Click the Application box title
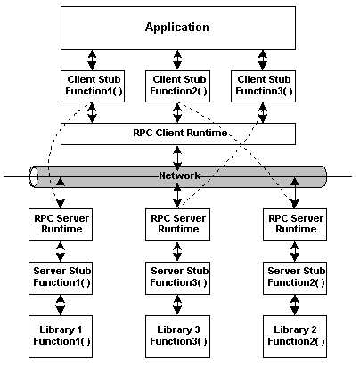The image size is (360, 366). click(177, 28)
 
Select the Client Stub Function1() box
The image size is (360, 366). click(93, 86)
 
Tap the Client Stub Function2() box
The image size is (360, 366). click(177, 86)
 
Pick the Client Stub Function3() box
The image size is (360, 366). click(263, 86)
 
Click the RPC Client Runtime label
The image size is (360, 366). click(180, 133)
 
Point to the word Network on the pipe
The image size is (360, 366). click(180, 175)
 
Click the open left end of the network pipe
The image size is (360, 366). click(33, 176)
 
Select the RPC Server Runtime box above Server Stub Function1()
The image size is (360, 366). click(61, 224)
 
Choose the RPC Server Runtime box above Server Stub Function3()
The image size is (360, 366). click(177, 224)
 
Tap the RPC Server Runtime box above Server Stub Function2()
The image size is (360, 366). click(295, 224)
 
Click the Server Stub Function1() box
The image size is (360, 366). click(61, 278)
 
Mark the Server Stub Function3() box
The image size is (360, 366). click(177, 278)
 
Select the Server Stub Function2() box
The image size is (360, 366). click(295, 278)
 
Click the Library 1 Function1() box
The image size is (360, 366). click(61, 337)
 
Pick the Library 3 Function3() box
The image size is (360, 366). click(177, 337)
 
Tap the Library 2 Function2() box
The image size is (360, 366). click(295, 337)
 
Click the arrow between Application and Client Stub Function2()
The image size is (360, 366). click(177, 60)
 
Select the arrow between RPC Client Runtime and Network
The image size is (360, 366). click(177, 158)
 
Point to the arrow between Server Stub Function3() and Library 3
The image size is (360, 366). click(177, 305)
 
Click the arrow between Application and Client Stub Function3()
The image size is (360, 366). click(263, 60)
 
